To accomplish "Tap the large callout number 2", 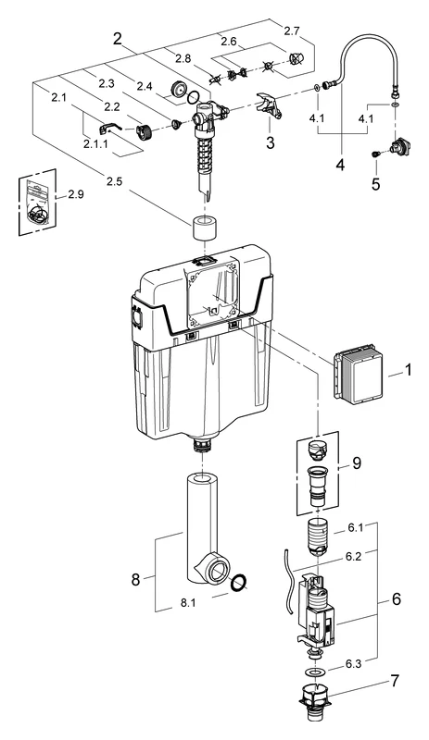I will coord(118,39).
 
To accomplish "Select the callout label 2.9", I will coord(76,196).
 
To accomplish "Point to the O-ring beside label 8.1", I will coord(239,583).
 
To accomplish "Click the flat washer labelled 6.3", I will coord(316,670).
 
